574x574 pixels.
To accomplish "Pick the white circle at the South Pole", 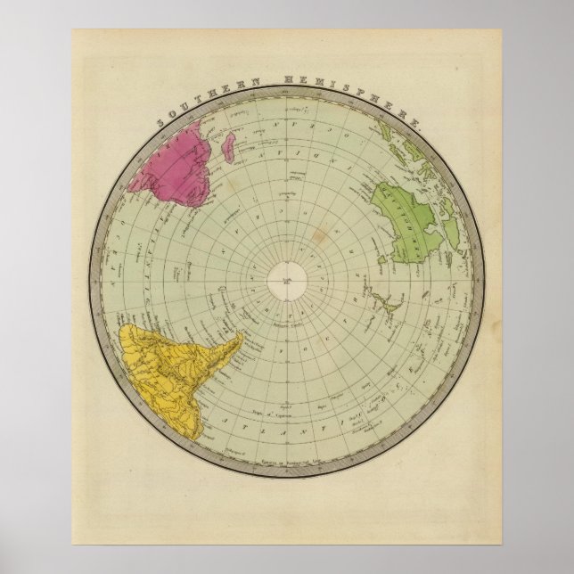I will pos(288,283).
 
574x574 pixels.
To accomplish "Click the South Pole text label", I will pos(288,281).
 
